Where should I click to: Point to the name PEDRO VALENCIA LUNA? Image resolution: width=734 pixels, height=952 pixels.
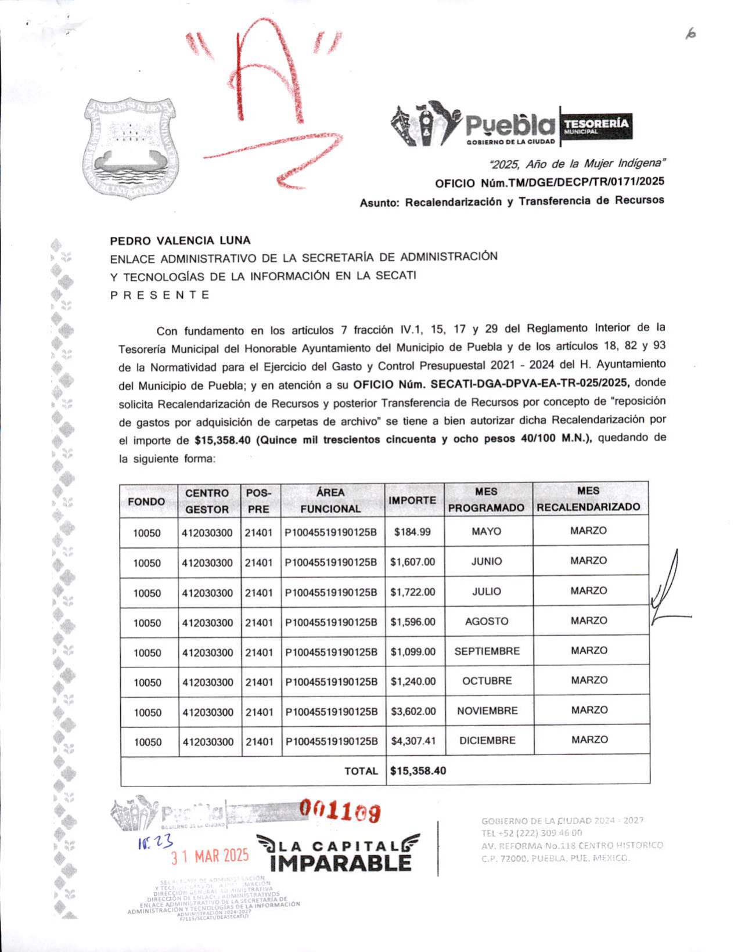point(181,240)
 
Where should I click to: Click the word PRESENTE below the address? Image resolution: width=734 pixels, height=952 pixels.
point(160,295)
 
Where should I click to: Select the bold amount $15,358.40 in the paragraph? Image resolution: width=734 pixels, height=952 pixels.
point(222,440)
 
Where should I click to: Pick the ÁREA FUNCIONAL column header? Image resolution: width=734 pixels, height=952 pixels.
point(330,500)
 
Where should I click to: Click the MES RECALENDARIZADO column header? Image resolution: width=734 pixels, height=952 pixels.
point(588,499)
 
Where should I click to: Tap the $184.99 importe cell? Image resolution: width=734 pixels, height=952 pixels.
point(412,532)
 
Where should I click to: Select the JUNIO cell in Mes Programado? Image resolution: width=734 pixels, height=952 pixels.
point(487,561)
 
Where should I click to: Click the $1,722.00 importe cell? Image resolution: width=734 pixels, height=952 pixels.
point(412,592)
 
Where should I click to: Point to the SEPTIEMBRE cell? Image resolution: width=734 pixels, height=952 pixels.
point(487,651)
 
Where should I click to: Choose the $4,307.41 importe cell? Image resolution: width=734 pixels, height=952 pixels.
point(413,741)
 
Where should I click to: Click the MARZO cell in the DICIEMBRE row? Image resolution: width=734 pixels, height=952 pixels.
point(589,740)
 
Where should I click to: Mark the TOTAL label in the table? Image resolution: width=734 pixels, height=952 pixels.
point(361,771)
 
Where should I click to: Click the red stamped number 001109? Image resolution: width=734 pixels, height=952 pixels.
point(340,812)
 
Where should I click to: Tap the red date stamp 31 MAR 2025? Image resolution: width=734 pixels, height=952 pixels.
point(210,856)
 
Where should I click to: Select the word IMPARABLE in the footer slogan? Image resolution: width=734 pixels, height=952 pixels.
point(341,863)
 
